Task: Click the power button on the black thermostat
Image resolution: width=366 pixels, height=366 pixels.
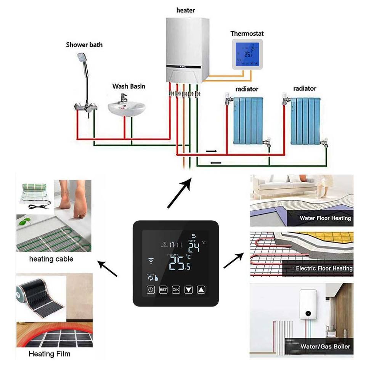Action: tap(151, 290)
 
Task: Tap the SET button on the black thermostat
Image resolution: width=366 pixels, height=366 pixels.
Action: tap(163, 290)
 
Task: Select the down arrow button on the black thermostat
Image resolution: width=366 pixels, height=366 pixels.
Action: tap(188, 290)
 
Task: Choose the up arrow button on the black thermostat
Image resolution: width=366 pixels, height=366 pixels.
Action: tap(201, 290)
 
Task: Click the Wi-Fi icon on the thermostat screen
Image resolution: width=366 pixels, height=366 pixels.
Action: tap(152, 261)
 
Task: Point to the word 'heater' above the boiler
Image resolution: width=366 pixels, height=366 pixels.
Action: tap(186, 10)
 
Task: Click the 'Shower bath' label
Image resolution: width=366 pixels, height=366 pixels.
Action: tap(84, 45)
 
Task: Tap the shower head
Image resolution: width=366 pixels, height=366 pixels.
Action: tap(80, 58)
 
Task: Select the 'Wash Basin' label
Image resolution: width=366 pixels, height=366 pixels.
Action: tap(128, 86)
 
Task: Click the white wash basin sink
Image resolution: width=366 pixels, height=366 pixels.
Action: tap(127, 108)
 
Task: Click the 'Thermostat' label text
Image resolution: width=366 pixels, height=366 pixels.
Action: tap(247, 34)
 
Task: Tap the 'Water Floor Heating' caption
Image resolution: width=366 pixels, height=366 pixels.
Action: tap(325, 218)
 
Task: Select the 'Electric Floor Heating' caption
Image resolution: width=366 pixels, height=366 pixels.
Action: tap(324, 268)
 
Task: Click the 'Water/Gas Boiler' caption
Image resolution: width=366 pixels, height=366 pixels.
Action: tap(325, 347)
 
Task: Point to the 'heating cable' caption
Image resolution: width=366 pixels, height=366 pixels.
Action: tap(51, 259)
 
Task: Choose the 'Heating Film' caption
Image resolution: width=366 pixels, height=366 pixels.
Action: tap(50, 354)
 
